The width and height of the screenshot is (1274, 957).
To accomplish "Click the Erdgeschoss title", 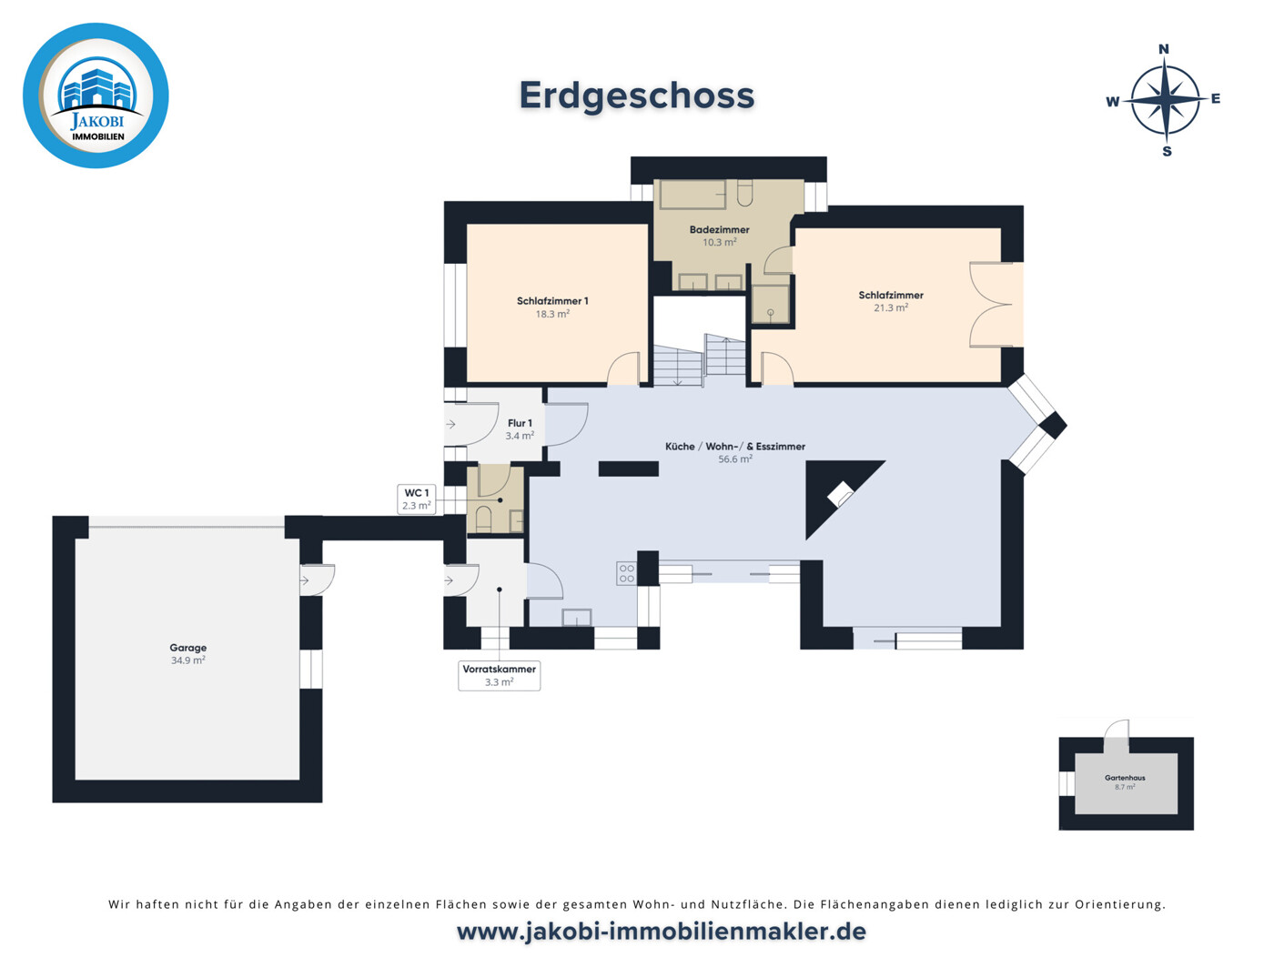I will [637, 96].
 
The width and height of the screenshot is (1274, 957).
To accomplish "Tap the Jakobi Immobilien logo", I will [96, 96].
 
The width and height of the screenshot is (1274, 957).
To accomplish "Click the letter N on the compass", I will [1163, 49].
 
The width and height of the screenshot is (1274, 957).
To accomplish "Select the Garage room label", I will [187, 648].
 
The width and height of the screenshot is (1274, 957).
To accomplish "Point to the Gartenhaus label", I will [1125, 778].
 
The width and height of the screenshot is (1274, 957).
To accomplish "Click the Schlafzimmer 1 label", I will [552, 301].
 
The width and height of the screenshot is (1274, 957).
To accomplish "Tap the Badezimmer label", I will [719, 230].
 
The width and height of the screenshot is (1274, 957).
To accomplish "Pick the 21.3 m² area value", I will [891, 308].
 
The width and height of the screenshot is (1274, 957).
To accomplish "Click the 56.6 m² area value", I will [735, 459].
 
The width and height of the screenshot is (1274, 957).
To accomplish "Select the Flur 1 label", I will [520, 423].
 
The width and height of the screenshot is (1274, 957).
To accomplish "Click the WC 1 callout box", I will [417, 499].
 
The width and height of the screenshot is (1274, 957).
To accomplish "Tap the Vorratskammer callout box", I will [499, 675].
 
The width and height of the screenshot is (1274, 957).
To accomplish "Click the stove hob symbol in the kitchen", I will [626, 573].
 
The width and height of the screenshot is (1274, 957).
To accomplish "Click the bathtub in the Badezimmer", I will [693, 195].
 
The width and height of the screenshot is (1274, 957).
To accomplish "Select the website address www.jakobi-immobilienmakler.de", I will [661, 932].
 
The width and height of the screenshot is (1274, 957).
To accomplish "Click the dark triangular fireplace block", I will [833, 491].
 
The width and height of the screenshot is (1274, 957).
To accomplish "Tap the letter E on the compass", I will [1215, 99].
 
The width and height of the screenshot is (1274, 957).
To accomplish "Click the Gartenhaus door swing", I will [1117, 735].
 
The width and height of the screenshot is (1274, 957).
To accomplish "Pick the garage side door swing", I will [318, 579].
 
